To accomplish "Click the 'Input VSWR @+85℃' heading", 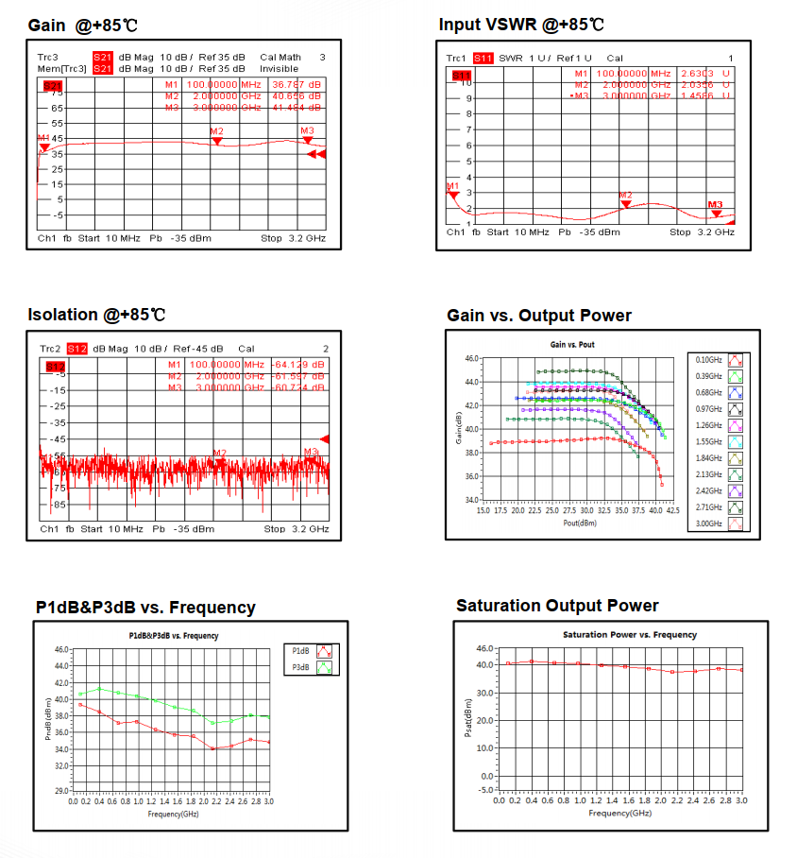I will pyautogui.click(x=521, y=25).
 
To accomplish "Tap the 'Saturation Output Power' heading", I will pyautogui.click(x=557, y=606).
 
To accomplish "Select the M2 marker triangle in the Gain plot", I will pyautogui.click(x=217, y=141).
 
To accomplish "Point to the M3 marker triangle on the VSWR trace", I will pyautogui.click(x=716, y=213).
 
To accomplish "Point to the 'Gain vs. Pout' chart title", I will pyautogui.click(x=572, y=344).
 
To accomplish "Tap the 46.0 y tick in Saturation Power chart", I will pyautogui.click(x=485, y=648).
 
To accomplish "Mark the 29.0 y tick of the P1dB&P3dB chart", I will pyautogui.click(x=60, y=790).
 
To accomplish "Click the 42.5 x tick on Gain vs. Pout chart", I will pyautogui.click(x=672, y=510).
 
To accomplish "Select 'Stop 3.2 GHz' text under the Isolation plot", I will pyautogui.click(x=296, y=528).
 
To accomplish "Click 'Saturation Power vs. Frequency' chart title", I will pyautogui.click(x=629, y=634).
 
